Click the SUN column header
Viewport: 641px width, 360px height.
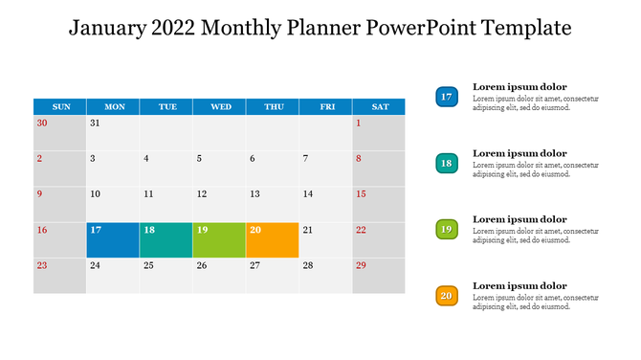[60, 106]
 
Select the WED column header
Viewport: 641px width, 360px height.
[220, 106]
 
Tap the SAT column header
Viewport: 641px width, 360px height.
[380, 106]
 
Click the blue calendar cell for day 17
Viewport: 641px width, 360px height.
[113, 240]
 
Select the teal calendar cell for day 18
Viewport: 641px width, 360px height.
[166, 240]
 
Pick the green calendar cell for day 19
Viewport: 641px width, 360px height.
[219, 240]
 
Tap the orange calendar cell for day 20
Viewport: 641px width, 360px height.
[272, 240]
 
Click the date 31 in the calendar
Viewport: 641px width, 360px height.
[95, 124]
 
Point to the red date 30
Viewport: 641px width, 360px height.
[41, 124]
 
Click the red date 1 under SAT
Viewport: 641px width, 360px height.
[359, 124]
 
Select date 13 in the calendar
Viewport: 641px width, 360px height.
[254, 194]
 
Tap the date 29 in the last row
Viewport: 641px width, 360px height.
[361, 265]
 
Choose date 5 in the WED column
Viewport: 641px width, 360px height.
[199, 159]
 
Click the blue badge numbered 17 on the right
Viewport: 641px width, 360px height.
[446, 97]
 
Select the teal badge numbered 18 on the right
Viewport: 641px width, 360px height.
[446, 164]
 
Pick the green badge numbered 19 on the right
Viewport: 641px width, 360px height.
[446, 230]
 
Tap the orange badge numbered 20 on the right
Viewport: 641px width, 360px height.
[446, 296]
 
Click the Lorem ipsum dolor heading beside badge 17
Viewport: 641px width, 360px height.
[519, 87]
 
